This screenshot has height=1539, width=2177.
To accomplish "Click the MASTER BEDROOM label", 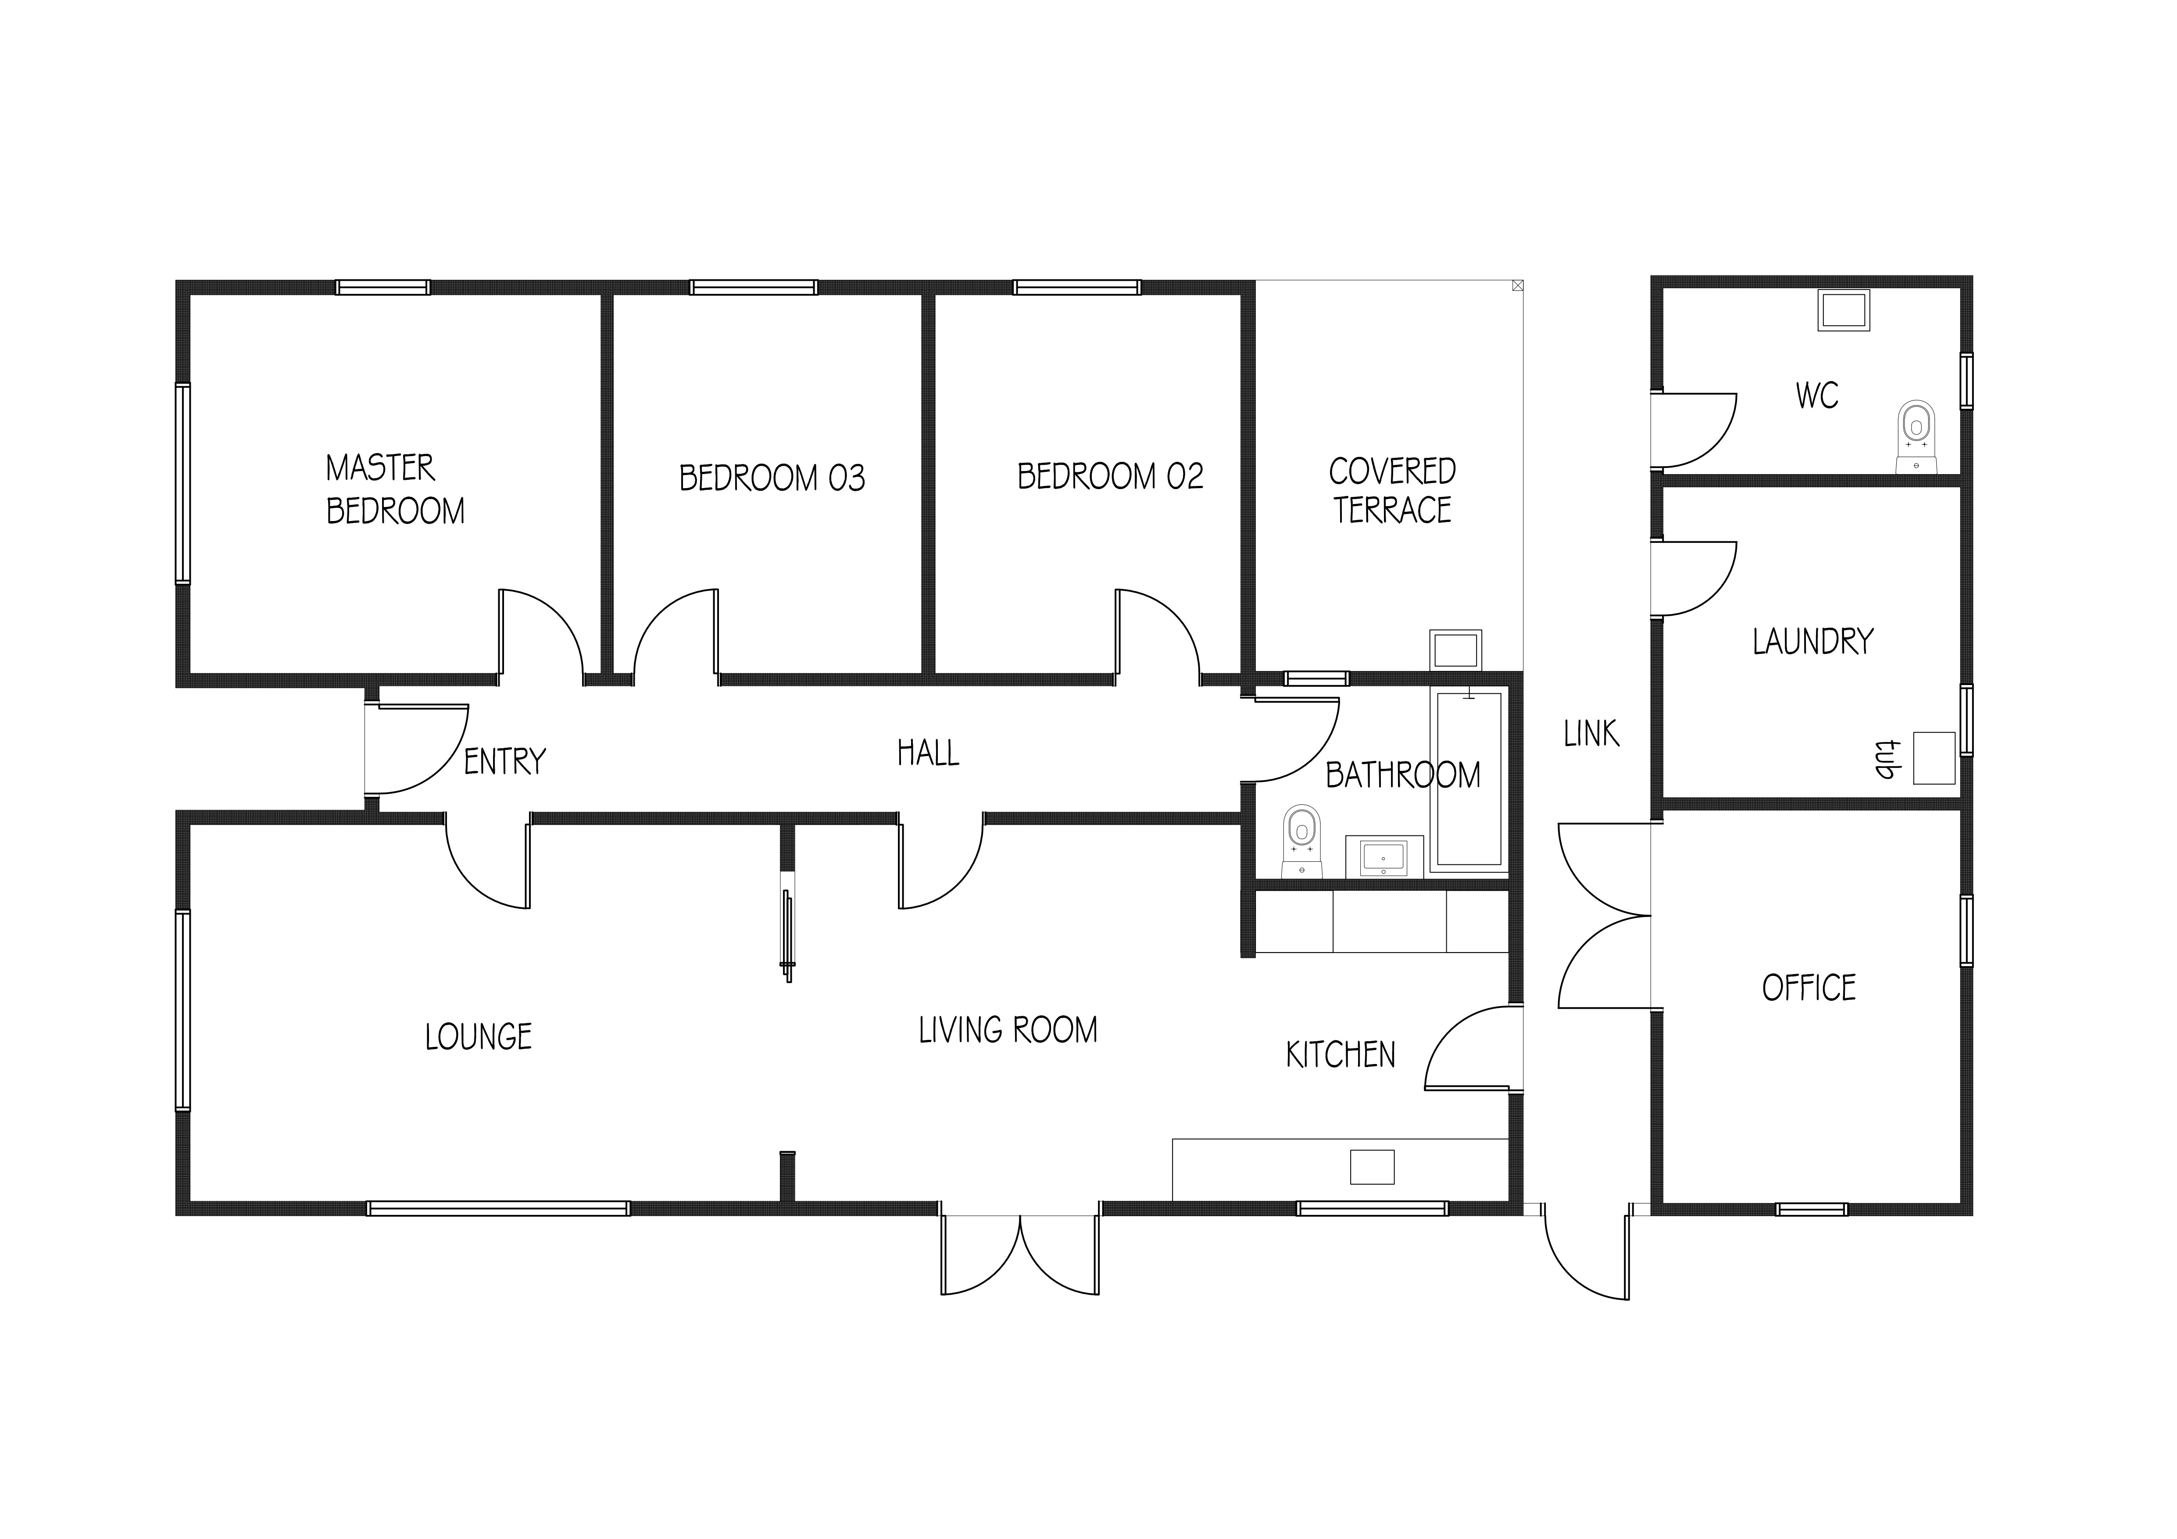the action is (x=395, y=489).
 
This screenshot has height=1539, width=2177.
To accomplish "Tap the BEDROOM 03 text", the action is (x=772, y=478).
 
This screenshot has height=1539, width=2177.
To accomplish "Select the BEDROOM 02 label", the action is (x=1110, y=476).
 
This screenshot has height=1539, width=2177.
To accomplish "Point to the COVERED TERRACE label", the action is (x=1392, y=490).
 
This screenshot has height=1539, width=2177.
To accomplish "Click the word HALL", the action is (x=928, y=753).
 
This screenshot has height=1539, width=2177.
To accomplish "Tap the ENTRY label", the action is (x=504, y=761).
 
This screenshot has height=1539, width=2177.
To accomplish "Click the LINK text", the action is (x=1591, y=733).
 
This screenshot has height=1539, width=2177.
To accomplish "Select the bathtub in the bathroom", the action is (x=1469, y=779).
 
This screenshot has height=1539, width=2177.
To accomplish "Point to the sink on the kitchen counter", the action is (x=1372, y=1166).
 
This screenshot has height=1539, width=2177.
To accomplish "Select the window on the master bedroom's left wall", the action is (x=183, y=484).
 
